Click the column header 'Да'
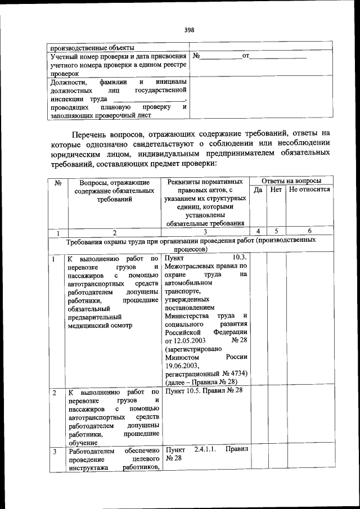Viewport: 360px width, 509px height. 258,190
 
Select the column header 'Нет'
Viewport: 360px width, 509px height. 276,190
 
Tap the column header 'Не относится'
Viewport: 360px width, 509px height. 309,190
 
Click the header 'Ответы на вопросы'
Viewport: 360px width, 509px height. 291,181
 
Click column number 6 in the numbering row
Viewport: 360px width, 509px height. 309,231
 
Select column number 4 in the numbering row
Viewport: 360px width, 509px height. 258,231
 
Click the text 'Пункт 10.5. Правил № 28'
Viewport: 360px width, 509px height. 204,391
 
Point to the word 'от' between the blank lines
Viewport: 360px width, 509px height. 245,56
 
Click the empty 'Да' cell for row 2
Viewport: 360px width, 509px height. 258,416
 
